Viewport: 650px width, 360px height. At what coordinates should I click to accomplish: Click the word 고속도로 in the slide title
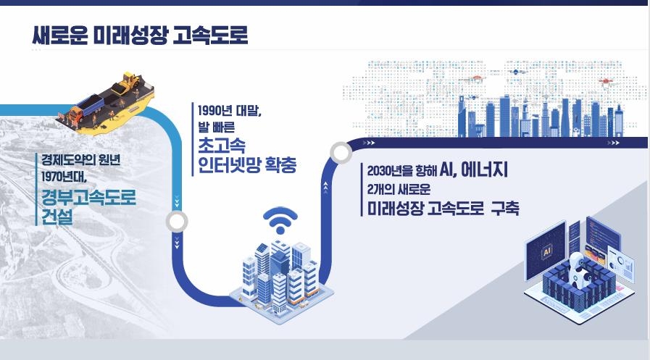(212, 35)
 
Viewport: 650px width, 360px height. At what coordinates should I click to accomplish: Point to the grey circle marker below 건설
(177, 222)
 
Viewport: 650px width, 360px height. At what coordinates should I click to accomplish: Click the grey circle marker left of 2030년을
(339, 153)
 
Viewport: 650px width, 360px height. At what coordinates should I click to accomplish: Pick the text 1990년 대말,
(229, 112)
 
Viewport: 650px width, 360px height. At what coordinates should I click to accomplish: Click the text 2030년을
(389, 172)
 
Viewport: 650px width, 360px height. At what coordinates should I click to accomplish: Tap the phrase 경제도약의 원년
(76, 160)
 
